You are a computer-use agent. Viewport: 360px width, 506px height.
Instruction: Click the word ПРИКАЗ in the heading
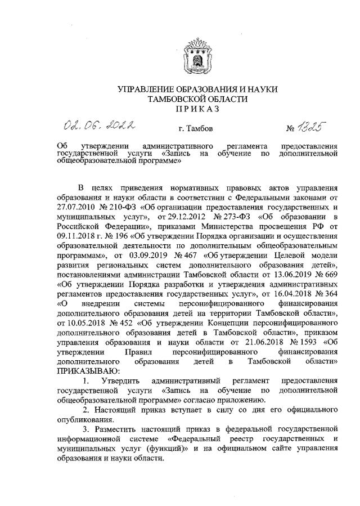pyautogui.click(x=197, y=109)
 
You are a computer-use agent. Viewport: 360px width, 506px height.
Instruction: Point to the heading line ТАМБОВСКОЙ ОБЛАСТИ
pyautogui.click(x=197, y=99)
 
